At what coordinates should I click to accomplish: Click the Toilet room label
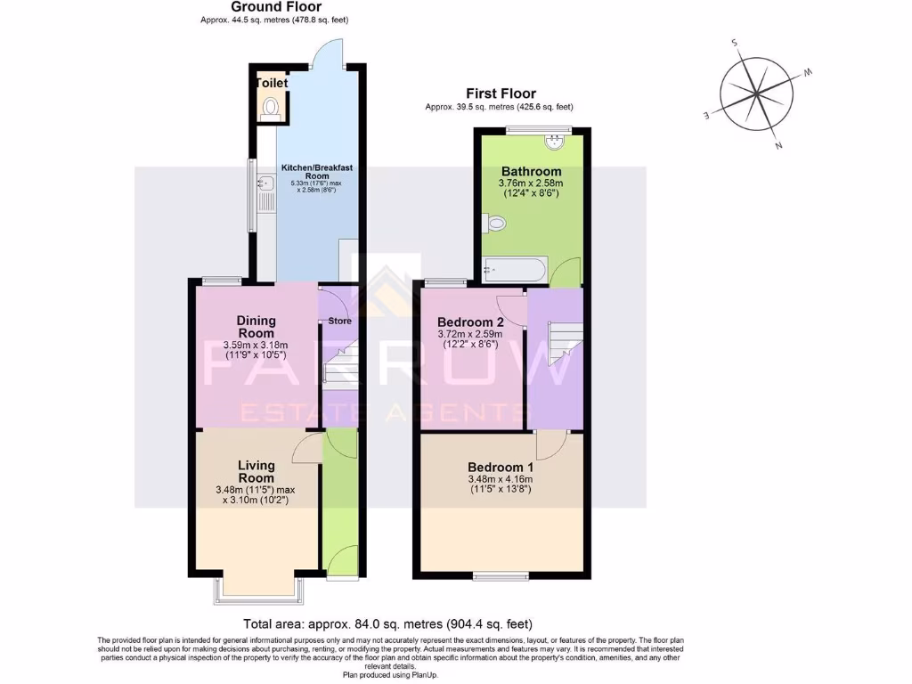[x=272, y=83]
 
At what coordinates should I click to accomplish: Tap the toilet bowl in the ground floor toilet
[x=272, y=109]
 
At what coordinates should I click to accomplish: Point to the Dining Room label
[x=256, y=327]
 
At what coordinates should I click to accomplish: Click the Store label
[x=339, y=321]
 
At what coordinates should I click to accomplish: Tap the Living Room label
[x=256, y=471]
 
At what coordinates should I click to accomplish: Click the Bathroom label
[x=531, y=172]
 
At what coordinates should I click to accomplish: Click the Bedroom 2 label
[x=471, y=322]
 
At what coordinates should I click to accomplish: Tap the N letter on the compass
[x=778, y=145]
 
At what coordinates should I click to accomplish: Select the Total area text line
[x=387, y=624]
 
